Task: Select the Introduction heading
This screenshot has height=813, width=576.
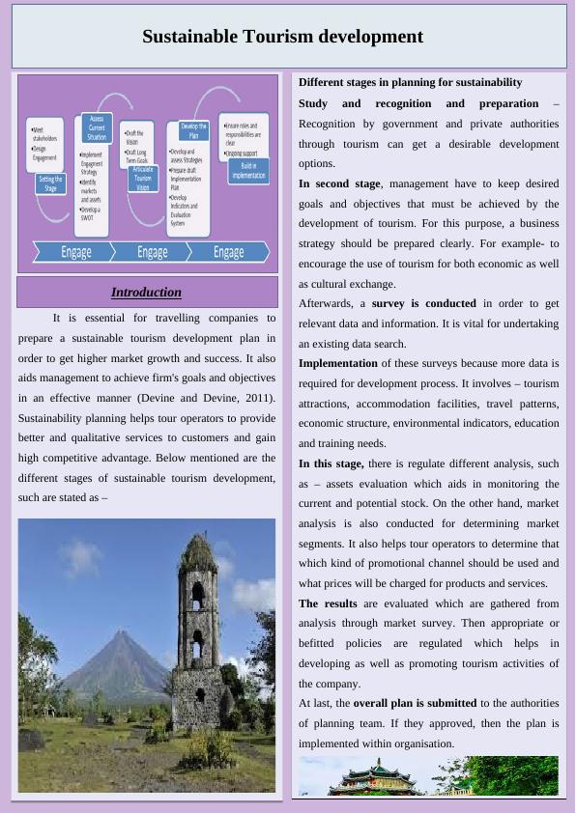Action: pos(146,292)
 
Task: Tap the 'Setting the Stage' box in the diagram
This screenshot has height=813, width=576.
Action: pos(50,183)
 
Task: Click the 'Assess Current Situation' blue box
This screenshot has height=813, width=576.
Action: pos(97,126)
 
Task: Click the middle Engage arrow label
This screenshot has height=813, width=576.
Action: pos(152,252)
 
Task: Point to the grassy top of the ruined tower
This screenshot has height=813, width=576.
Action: pos(199,549)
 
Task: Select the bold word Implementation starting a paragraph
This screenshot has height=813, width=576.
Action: pos(337,363)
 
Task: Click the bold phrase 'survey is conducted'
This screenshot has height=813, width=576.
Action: pos(423,303)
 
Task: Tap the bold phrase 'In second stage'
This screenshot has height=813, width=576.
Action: pos(339,183)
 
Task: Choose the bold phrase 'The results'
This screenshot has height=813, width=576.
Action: pos(328,603)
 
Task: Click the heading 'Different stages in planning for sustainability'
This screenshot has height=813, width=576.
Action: pos(410,82)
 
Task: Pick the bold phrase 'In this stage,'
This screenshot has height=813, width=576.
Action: pos(331,463)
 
